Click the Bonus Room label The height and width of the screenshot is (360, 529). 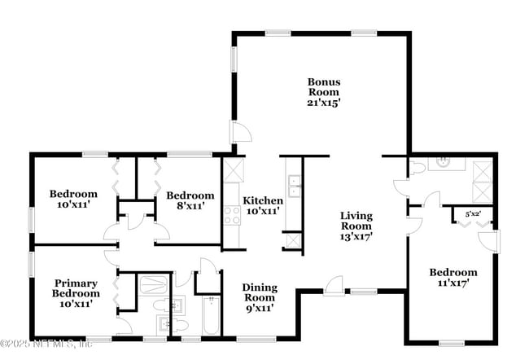coord(323,92)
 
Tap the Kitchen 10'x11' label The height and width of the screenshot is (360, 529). coord(264,205)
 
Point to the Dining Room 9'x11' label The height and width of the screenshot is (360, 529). coord(259,297)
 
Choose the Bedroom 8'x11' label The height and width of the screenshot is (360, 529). coord(190,200)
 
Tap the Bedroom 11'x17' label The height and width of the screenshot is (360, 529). coord(453,278)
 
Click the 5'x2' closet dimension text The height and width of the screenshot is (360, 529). coord(472,214)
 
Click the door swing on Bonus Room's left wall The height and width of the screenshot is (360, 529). coord(241,134)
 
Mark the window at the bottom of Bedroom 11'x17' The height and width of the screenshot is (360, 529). coord(451,342)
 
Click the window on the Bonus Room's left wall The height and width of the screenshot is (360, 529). coord(234,59)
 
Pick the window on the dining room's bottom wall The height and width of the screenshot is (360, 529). coord(248,337)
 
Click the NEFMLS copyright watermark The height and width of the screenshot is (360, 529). coord(46,344)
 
